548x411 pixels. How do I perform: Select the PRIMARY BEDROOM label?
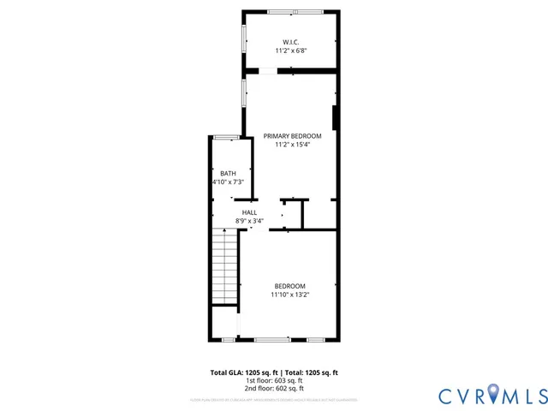coord(292,136)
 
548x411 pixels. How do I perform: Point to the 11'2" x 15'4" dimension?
coord(292,146)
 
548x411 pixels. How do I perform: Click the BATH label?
coord(228,173)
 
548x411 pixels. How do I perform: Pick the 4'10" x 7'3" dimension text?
coord(228,182)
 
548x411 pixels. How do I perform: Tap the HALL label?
coord(249,212)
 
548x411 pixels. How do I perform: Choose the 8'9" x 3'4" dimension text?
coord(249,221)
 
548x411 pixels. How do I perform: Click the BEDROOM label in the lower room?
coord(289,286)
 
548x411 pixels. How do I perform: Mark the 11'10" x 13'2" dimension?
coord(289,295)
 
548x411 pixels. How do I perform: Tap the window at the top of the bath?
coord(226,137)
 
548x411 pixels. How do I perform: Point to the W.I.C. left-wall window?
coord(244,39)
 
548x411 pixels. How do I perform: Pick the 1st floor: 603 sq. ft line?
coord(274,381)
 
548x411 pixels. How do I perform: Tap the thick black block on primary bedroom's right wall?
coord(335,117)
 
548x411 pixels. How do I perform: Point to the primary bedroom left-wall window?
coord(244,92)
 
